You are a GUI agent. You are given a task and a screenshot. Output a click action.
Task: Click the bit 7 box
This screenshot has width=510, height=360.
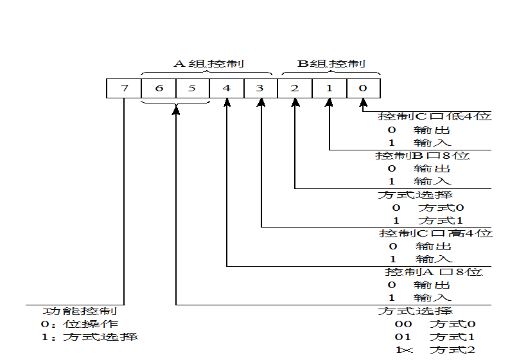[x=124, y=88]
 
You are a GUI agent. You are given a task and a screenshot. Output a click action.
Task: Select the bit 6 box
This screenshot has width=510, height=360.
[x=159, y=88]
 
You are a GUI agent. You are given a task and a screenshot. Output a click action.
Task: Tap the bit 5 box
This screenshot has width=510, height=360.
[x=193, y=88]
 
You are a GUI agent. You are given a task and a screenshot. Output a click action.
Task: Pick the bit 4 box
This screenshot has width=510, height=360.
[x=227, y=88]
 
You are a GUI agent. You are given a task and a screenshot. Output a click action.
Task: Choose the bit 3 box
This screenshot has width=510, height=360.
[x=261, y=88]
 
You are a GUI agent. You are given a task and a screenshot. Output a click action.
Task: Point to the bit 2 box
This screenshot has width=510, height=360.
[x=295, y=88]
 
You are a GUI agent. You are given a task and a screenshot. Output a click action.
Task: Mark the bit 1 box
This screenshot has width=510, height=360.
[x=330, y=88]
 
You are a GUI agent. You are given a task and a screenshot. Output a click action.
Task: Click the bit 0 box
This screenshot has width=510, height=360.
[x=364, y=88]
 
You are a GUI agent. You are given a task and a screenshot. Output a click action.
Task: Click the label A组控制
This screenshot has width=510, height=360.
[x=209, y=64]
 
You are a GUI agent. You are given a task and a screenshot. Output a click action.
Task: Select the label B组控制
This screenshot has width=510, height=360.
[x=331, y=64]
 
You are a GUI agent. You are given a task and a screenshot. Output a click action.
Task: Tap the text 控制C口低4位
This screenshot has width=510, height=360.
[x=435, y=116]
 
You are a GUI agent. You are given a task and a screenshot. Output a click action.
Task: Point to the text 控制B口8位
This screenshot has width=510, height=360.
[x=423, y=156]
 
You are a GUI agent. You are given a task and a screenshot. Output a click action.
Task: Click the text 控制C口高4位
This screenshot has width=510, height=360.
[x=436, y=233]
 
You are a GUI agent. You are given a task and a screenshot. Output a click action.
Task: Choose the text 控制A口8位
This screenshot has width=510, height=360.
[x=434, y=272]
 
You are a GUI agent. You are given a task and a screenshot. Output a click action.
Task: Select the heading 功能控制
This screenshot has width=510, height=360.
[x=80, y=311]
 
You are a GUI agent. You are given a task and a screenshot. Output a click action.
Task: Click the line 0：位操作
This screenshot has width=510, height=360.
[x=80, y=324]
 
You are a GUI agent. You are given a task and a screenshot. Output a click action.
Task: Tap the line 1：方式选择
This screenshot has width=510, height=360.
[x=90, y=337]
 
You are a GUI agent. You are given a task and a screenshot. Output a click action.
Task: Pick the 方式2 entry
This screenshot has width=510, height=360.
[x=452, y=350]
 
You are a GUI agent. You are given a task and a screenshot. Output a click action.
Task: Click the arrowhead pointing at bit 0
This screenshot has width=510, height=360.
[x=364, y=103]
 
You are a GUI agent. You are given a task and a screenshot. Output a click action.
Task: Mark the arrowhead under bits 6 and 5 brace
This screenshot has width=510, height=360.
[x=176, y=110]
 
